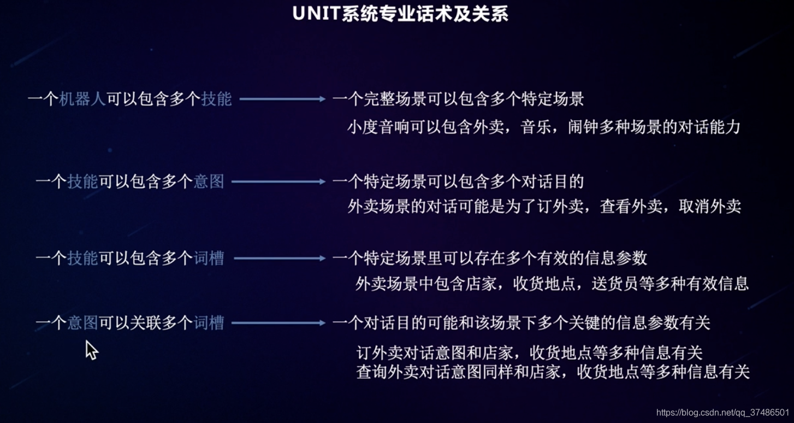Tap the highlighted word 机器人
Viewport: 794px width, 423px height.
82,99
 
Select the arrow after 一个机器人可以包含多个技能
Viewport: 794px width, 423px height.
282,99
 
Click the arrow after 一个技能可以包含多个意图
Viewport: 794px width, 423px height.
278,181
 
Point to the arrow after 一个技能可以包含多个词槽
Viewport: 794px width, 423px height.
279,258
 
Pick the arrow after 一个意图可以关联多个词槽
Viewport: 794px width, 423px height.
278,323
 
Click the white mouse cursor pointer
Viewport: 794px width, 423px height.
91,350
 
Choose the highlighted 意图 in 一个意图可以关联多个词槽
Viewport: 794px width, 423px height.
82,323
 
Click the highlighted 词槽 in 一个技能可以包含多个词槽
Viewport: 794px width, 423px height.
209,258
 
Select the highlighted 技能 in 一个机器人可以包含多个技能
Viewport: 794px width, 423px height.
216,99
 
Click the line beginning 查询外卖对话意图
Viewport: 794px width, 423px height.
553,372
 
